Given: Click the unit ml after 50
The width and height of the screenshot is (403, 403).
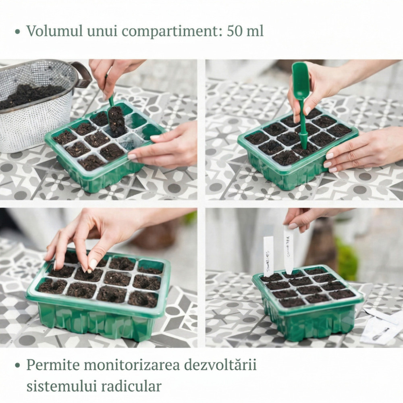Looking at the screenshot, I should [x=255, y=31].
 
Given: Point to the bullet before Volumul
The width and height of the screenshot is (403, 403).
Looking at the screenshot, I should [x=17, y=31].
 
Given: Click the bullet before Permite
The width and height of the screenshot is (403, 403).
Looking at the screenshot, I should [x=17, y=366].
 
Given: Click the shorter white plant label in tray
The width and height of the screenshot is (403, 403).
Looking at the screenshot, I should [x=268, y=255].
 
